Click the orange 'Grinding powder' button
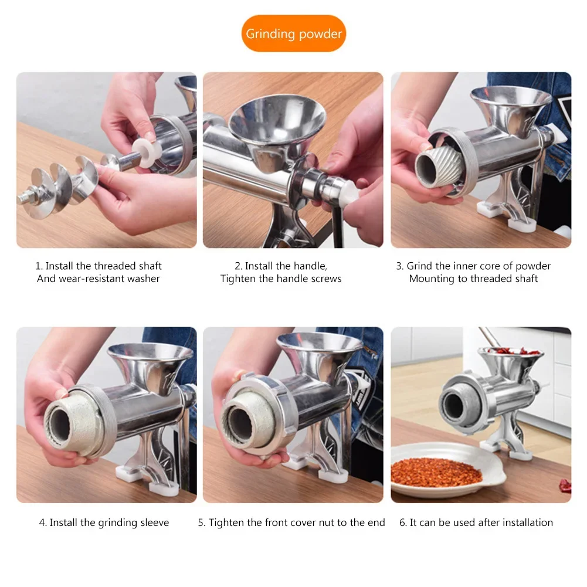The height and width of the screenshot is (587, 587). point(293,33)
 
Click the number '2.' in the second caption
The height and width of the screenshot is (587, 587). point(238,266)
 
